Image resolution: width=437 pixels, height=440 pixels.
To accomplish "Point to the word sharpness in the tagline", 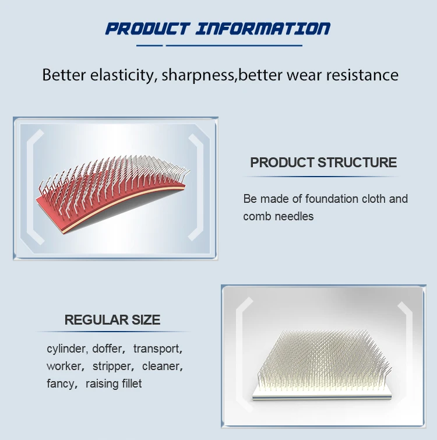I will (x=198, y=75).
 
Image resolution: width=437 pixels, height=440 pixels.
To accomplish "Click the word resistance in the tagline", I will (x=361, y=75).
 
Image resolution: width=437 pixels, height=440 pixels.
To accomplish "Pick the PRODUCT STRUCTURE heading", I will (x=323, y=163).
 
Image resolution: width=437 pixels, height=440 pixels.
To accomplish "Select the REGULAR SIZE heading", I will (x=112, y=320).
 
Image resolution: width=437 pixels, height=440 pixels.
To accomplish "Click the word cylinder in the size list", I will (x=66, y=349).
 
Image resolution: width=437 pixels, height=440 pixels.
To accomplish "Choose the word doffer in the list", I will (x=108, y=349).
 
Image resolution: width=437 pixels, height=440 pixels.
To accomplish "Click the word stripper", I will (x=112, y=367).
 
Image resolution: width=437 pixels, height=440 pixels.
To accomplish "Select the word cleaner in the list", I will (x=161, y=367).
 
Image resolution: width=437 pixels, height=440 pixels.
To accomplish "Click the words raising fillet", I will (x=114, y=384).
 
